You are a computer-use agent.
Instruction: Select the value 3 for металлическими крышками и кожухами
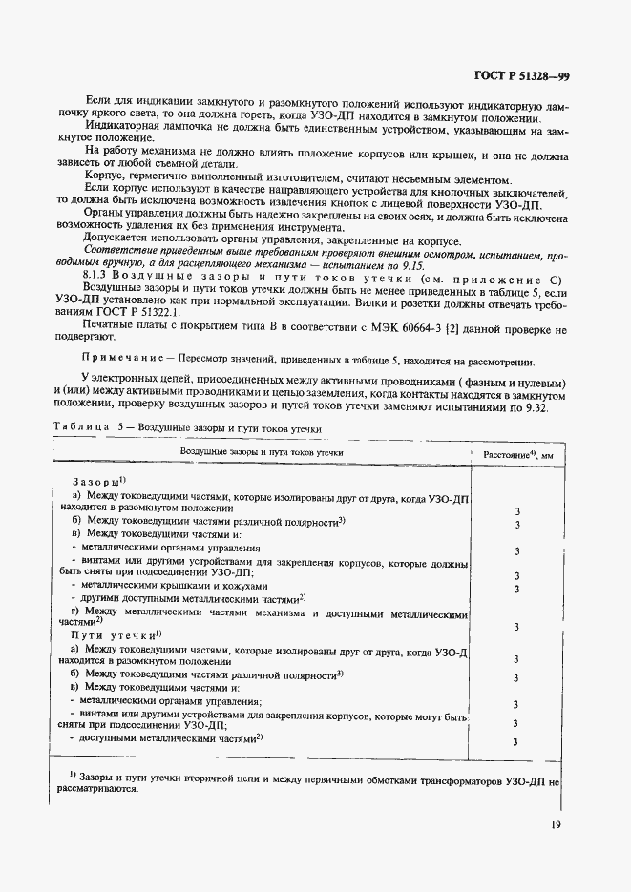515,589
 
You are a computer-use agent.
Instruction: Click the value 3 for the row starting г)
515,628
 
